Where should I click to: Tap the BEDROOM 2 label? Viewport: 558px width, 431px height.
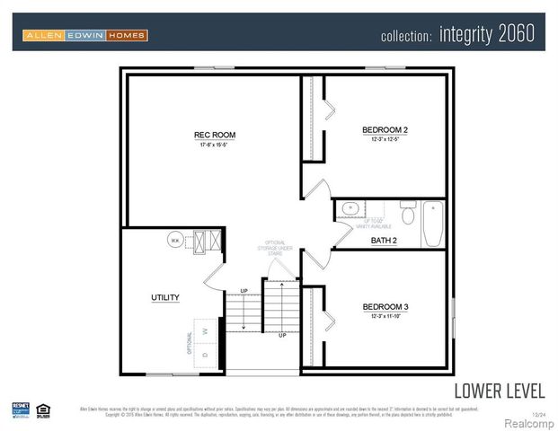pos(385,130)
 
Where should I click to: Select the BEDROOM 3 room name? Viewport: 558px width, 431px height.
pos(385,306)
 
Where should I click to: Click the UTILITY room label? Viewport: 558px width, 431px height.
pos(164,297)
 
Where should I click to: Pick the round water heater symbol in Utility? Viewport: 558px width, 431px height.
pos(175,241)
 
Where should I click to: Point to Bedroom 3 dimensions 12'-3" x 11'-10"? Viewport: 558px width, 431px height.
pos(385,316)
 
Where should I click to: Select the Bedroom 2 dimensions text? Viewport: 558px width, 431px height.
pos(385,140)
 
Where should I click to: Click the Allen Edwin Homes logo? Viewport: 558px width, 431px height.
pos(84,35)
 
